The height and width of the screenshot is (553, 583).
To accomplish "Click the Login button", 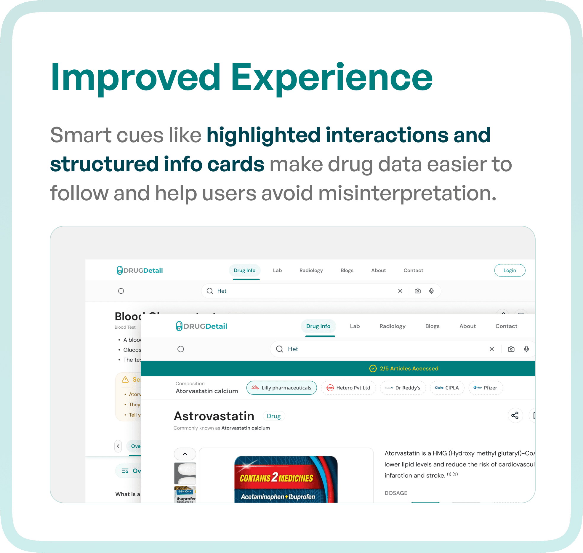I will (x=510, y=270).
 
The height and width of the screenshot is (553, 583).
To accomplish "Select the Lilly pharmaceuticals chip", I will (x=281, y=388).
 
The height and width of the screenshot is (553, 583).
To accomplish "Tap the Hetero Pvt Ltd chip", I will (x=348, y=388).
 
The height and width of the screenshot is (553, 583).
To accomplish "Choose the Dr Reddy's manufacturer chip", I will (x=403, y=388).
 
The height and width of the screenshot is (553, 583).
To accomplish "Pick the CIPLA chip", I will (x=447, y=388).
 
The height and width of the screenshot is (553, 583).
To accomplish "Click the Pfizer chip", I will (x=486, y=388).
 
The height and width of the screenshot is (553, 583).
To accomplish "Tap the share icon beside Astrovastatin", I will (x=515, y=415).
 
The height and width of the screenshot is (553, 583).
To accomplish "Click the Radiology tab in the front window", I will (x=392, y=326).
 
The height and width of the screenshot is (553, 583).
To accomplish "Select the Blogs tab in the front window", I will (x=432, y=326).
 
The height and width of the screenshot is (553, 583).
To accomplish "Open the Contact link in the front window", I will (x=506, y=326).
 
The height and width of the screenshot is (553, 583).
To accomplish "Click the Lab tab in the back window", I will (x=277, y=270).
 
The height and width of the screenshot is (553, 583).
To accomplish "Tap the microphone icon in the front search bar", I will (x=526, y=349).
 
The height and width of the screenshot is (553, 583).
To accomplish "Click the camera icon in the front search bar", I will (x=511, y=349).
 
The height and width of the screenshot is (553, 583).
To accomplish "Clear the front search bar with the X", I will (x=492, y=349).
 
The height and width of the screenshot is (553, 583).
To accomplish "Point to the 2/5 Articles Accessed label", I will (x=409, y=368).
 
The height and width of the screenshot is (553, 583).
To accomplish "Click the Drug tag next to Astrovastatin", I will (x=274, y=416).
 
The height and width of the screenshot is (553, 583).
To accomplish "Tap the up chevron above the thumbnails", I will (x=185, y=454).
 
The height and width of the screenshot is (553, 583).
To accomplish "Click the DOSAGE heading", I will (x=396, y=493).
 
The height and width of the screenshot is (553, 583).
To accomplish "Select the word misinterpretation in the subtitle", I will (x=407, y=193).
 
